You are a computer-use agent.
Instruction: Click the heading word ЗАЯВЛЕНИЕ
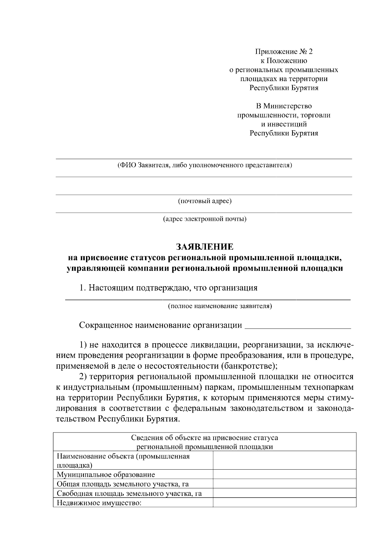(205, 247)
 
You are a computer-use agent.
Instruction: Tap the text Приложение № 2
(283, 51)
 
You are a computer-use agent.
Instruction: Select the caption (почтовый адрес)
(205, 201)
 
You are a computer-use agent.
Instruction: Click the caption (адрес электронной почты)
(205, 219)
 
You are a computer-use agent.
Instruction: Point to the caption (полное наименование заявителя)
(220, 306)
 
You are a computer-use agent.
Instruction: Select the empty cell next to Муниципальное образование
(284, 474)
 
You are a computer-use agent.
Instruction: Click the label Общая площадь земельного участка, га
(123, 484)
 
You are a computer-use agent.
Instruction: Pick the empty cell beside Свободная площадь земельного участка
(284, 493)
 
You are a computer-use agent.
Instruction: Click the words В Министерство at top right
(283, 106)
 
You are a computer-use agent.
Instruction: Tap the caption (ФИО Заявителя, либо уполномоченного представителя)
(205, 165)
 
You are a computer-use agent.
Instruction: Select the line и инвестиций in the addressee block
(283, 124)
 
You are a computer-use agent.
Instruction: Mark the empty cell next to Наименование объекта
(284, 460)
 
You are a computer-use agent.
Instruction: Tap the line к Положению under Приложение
(283, 61)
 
